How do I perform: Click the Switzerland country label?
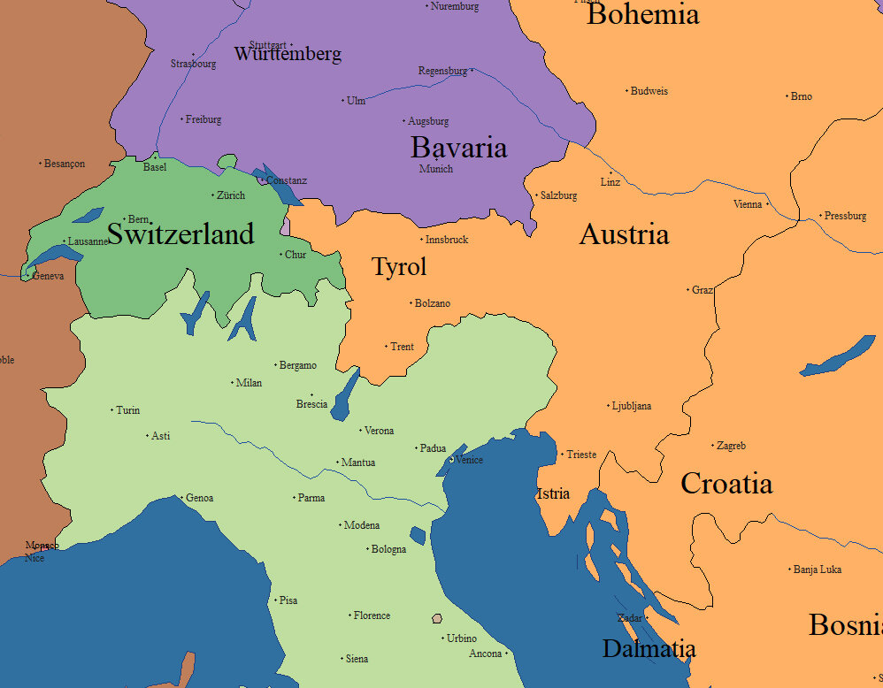click(180, 234)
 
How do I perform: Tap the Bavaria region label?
click(458, 148)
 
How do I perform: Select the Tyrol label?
click(399, 267)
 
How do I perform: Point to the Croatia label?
click(726, 484)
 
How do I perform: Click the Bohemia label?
click(643, 14)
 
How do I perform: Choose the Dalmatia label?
click(649, 649)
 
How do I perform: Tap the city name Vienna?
click(748, 204)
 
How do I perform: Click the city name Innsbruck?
click(447, 240)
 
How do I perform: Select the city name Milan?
click(249, 383)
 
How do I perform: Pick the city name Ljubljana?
click(632, 407)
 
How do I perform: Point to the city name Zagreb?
click(732, 446)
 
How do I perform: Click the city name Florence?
click(372, 615)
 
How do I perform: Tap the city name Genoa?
click(199, 498)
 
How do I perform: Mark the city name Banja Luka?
click(818, 570)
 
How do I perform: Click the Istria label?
click(553, 493)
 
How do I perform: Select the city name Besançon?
click(65, 164)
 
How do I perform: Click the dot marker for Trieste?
click(562, 455)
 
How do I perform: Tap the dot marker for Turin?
click(111, 410)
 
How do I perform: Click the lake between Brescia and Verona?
click(345, 396)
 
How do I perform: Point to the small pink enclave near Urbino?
click(436, 618)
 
